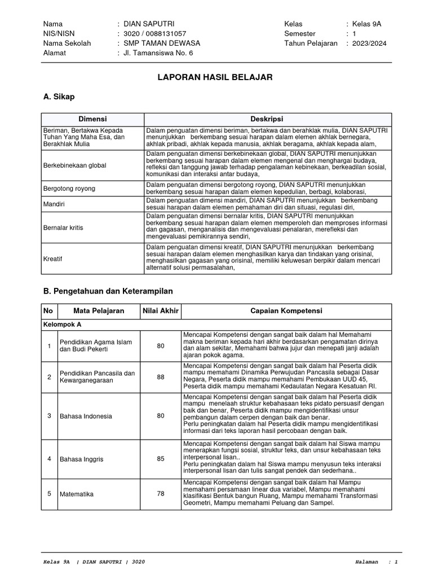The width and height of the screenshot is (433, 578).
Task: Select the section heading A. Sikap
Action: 59,97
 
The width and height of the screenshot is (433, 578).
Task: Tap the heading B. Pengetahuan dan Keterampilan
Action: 108,291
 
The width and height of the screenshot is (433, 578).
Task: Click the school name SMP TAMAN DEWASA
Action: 158,43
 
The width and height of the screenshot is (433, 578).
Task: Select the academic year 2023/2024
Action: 369,43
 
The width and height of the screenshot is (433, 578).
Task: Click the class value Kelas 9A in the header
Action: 367,24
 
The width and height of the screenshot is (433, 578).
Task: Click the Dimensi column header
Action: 92,119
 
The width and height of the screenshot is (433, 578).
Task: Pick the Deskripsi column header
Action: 266,119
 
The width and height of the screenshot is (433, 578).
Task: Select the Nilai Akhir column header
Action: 160,311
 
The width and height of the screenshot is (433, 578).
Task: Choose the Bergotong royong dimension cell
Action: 69,188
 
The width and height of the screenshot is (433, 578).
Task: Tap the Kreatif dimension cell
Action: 52,258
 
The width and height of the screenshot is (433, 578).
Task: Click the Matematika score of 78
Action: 161,494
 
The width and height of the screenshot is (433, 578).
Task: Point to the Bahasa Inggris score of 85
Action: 161,459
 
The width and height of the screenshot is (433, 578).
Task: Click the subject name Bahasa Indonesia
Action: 87,416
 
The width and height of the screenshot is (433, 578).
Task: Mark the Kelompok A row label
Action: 63,325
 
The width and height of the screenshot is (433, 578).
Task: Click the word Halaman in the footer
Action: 368,562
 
